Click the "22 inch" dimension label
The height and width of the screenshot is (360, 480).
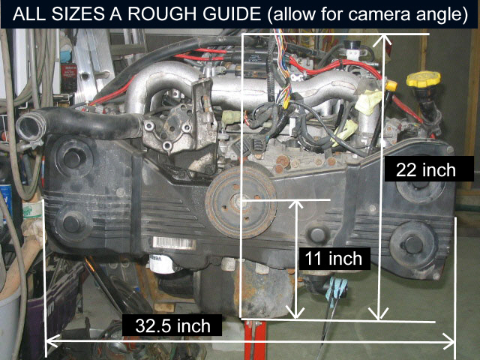[x=425, y=169]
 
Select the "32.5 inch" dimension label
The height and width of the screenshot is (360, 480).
[x=173, y=325]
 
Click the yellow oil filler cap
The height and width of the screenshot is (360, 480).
[x=417, y=79]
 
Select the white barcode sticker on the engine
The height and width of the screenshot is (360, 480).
[x=175, y=244]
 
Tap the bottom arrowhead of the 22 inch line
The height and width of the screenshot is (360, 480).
[x=381, y=315]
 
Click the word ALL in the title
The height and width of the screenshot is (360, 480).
[x=27, y=14]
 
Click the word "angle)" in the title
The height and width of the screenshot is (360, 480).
[x=442, y=14]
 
